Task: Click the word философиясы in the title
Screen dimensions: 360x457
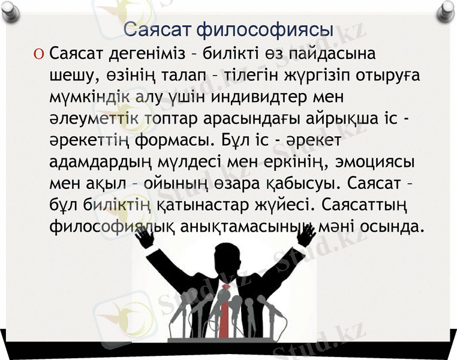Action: [265, 29]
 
